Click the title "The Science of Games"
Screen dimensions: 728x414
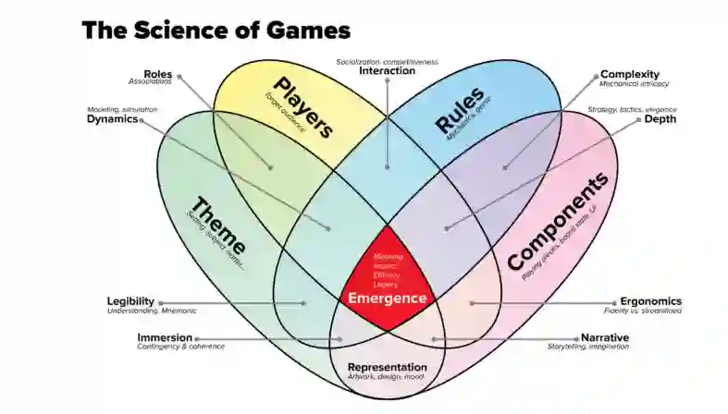(x=216, y=30)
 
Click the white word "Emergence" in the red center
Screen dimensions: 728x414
(x=387, y=298)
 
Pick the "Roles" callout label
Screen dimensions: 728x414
(x=157, y=74)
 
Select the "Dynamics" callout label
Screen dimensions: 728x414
(x=112, y=119)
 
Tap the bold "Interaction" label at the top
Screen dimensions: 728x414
(x=387, y=71)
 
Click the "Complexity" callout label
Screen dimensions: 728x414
(x=629, y=74)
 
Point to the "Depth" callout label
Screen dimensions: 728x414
(x=660, y=119)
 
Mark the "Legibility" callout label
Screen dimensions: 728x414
(x=130, y=301)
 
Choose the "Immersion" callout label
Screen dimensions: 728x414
(x=165, y=337)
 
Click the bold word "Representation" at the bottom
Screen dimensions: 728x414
(x=387, y=367)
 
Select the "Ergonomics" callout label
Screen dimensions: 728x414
(x=650, y=301)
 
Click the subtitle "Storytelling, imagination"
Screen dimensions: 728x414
(x=588, y=347)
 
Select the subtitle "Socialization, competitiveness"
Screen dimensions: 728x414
(x=387, y=61)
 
